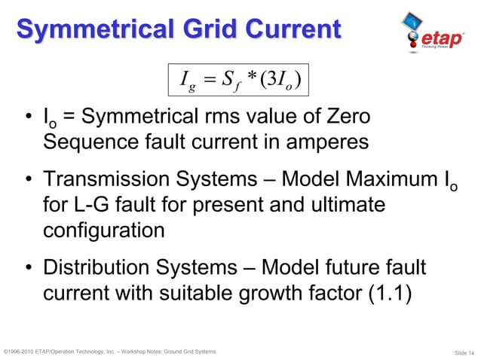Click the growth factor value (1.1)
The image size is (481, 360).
(x=388, y=293)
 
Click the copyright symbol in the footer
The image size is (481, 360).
(x=6, y=352)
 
